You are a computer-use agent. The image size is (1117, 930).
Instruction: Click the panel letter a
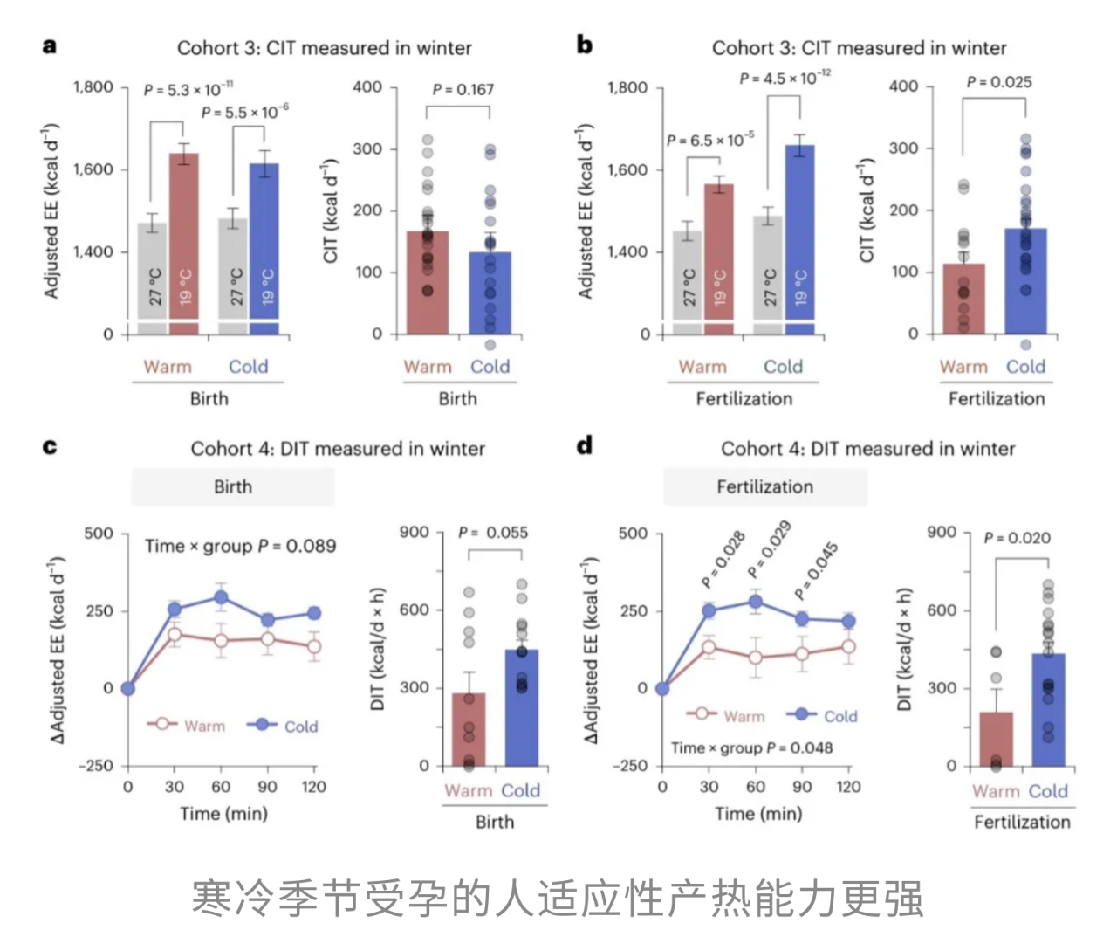50,45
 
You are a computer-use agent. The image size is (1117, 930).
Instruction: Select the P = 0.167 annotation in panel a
463,89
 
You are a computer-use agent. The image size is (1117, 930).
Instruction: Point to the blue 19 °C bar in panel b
799,239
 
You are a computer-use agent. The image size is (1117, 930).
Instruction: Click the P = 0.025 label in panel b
998,82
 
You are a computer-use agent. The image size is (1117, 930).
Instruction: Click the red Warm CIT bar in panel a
428,283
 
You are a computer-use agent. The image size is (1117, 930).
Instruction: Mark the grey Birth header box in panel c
233,486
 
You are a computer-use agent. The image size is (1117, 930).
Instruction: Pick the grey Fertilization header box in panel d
764,486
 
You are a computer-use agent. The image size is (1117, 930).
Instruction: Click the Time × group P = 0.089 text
240,546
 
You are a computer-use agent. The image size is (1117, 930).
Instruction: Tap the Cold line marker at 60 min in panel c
221,597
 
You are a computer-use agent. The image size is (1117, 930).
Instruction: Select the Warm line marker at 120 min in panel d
848,646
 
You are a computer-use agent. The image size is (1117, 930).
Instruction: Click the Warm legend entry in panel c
187,725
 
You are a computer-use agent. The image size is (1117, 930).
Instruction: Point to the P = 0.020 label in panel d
1017,538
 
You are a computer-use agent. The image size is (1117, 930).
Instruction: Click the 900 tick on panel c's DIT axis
414,532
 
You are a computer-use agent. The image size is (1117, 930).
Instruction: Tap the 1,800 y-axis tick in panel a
93,86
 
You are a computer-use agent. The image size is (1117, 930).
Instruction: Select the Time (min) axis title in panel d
757,813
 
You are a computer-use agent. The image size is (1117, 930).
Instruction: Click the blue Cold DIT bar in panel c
521,707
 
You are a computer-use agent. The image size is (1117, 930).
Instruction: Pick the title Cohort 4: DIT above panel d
867,448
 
